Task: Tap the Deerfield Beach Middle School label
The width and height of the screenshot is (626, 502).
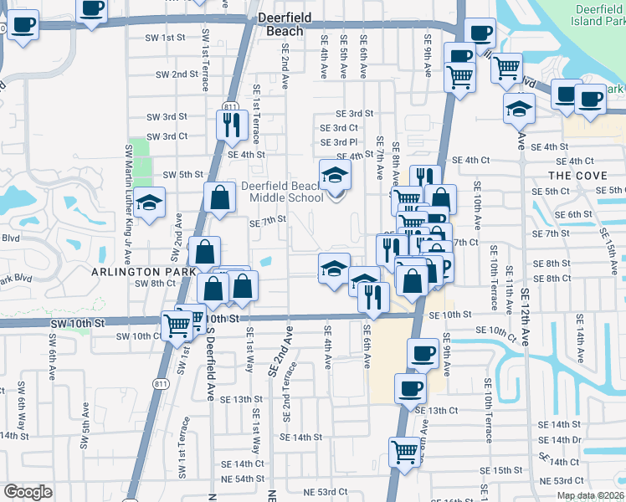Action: pos(283,192)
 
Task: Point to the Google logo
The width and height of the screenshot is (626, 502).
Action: pos(28,492)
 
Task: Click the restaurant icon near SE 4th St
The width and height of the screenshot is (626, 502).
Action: pos(231,125)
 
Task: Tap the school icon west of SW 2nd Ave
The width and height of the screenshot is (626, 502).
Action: pos(150,203)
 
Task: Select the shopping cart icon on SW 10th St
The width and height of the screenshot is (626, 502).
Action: pos(177,325)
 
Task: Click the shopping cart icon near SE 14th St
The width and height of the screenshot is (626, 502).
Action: pos(405,452)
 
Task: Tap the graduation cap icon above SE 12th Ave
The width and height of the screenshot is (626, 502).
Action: pos(519,108)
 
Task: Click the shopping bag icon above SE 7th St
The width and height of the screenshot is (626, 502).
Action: pos(220,198)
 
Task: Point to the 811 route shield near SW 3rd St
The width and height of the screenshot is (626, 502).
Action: pos(230,107)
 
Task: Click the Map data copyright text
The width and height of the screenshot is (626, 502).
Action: pos(590,495)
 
